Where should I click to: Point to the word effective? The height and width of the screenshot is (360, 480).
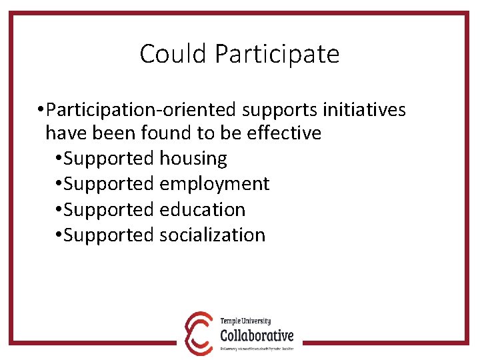(x=284, y=133)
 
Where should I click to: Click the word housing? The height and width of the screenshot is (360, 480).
(x=193, y=159)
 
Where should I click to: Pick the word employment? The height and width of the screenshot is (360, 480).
(x=215, y=184)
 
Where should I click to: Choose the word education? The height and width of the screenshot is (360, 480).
(x=203, y=209)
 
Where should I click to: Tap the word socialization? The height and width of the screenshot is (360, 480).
(x=213, y=235)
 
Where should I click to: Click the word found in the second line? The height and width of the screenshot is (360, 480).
(x=167, y=133)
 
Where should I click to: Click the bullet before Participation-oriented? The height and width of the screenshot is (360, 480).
(x=41, y=109)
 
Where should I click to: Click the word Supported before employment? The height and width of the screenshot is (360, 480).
(x=110, y=184)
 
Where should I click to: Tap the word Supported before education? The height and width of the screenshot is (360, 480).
(x=110, y=209)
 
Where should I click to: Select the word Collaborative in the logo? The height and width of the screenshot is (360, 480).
(x=257, y=334)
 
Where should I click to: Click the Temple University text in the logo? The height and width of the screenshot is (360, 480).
(x=245, y=321)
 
